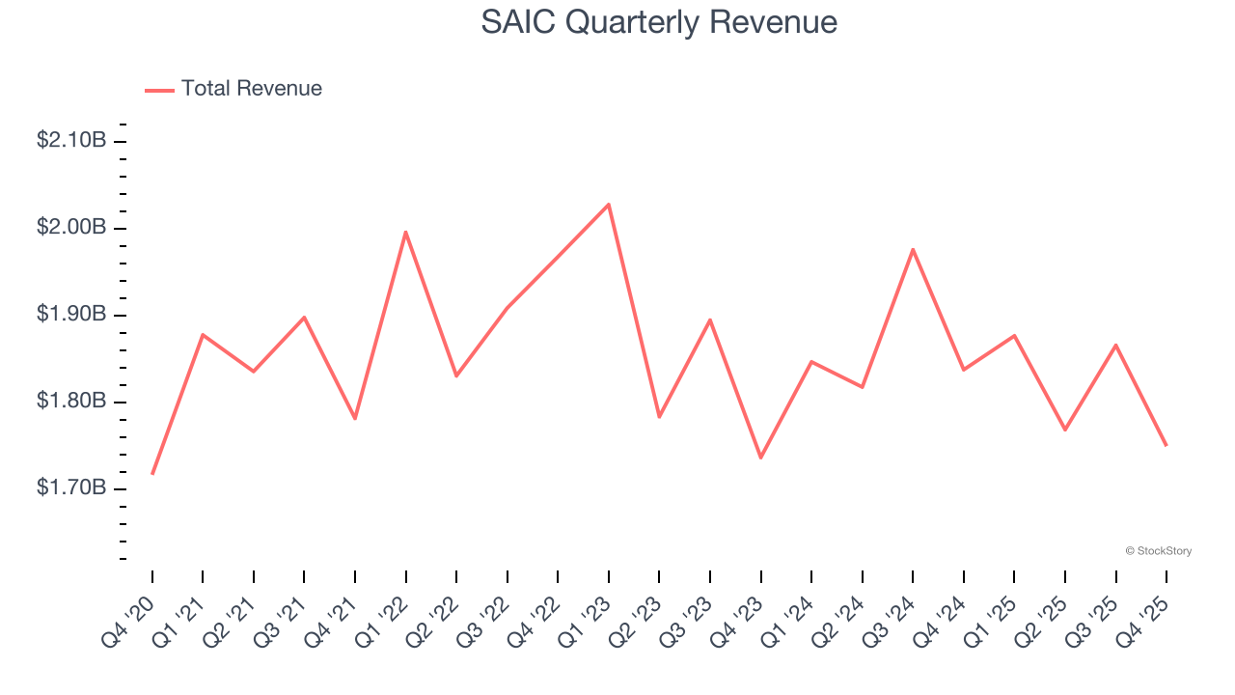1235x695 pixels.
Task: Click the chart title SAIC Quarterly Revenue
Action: pos(659,22)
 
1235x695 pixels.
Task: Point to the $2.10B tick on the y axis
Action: pos(71,141)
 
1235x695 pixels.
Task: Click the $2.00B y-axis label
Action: pos(71,228)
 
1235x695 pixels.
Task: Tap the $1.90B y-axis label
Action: pos(71,315)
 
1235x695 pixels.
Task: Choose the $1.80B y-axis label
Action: pos(71,402)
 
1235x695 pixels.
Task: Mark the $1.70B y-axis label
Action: pos(71,488)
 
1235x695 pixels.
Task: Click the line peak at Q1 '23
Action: pos(609,205)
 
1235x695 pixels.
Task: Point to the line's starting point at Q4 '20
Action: pos(152,474)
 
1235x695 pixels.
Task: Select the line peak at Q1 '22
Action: pos(405,232)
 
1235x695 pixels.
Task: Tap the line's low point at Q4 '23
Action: pos(760,458)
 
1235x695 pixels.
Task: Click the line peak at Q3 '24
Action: pos(913,249)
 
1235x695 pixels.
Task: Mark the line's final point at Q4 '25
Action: pos(1166,445)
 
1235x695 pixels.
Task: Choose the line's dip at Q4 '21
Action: pos(355,419)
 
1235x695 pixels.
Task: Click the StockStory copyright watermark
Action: pos(1158,551)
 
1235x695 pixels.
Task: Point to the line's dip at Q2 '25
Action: pos(1065,430)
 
